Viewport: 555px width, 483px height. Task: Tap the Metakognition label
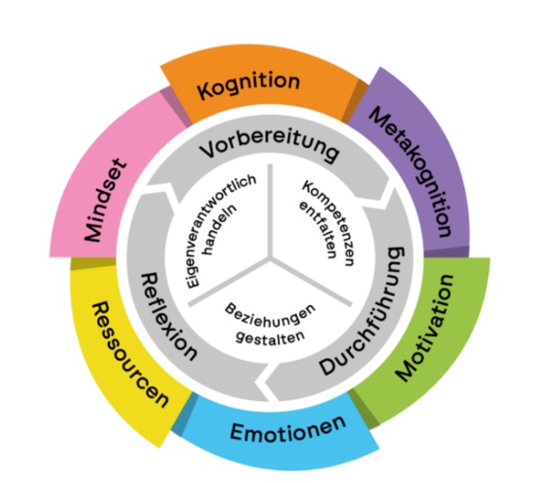(x=412, y=170)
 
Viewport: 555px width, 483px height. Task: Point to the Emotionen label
(x=287, y=429)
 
